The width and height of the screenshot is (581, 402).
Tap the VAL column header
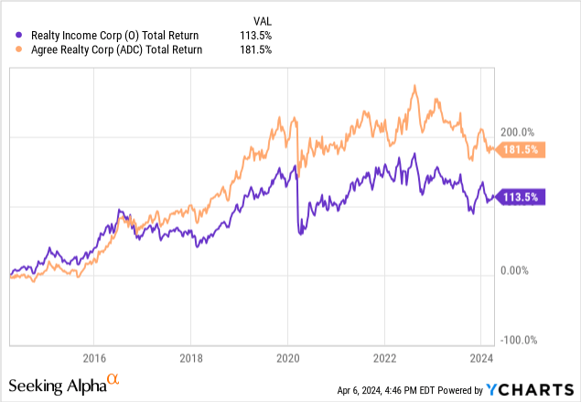[261, 20]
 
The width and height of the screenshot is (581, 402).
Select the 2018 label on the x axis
[190, 357]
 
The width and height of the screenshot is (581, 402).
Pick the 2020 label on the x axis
[287, 357]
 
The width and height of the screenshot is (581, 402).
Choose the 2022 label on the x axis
[384, 357]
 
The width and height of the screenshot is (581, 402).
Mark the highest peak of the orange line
[415, 86]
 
